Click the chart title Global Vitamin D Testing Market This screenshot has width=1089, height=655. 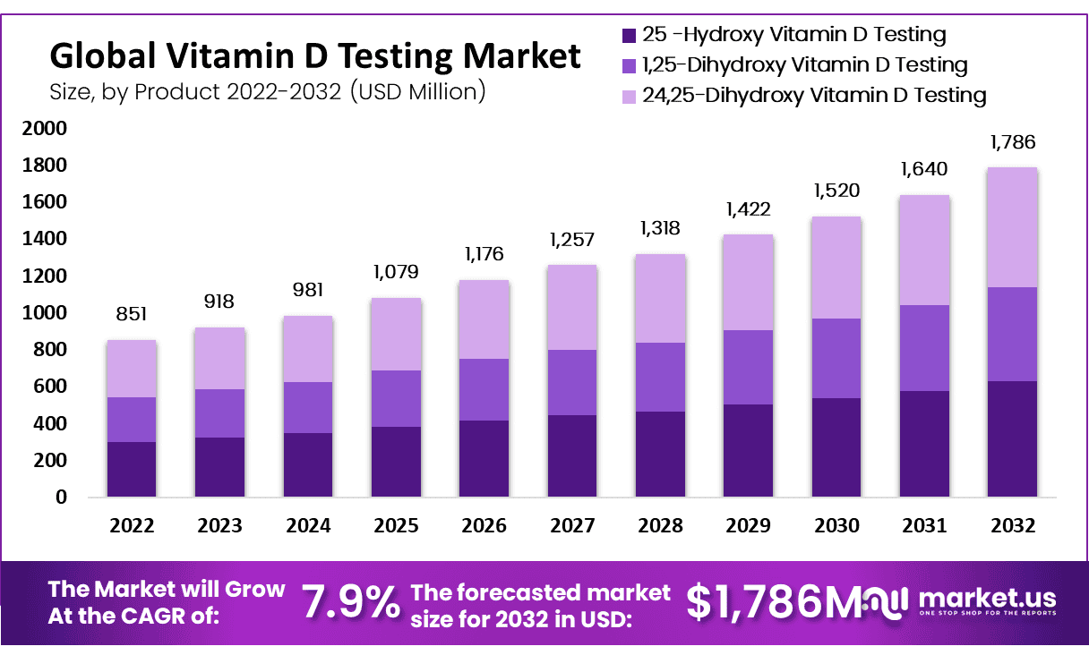(315, 56)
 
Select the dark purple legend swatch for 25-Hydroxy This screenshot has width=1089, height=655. (629, 36)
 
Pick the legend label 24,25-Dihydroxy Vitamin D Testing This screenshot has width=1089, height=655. (814, 94)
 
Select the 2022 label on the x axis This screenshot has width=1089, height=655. (132, 525)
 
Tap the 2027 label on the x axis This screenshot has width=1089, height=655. (572, 525)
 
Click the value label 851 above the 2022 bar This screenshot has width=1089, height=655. (132, 314)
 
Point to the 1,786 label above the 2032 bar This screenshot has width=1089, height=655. (1012, 141)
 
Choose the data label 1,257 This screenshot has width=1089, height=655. (572, 239)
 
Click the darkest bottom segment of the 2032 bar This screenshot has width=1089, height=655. (1012, 438)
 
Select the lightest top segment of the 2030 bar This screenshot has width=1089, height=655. (836, 268)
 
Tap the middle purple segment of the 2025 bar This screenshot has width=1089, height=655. (396, 398)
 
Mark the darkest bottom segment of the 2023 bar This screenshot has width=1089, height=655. (219, 466)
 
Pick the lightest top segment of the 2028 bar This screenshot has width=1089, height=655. (660, 298)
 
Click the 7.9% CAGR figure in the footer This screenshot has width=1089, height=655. (350, 601)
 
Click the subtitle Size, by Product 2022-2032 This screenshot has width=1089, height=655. (268, 90)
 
